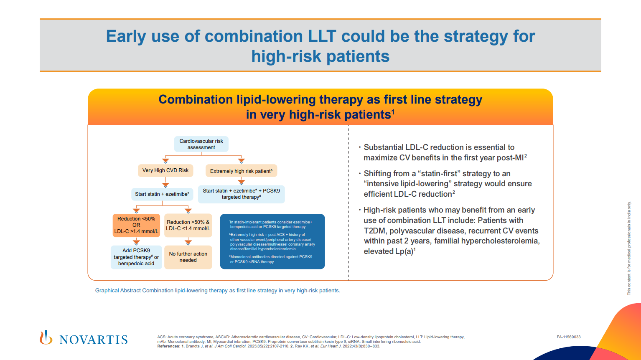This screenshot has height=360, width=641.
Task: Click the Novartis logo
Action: pyautogui.click(x=84, y=338)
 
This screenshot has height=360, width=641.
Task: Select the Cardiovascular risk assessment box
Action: pyautogui.click(x=201, y=144)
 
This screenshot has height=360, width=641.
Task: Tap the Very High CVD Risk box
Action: pyautogui.click(x=165, y=170)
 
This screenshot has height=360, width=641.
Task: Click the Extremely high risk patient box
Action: pyautogui.click(x=241, y=171)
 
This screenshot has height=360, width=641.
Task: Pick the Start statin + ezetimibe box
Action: pyautogui.click(x=162, y=194)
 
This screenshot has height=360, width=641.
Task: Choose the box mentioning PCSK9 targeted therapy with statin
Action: pyautogui.click(x=241, y=194)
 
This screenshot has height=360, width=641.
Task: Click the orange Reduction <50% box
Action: pyautogui.click(x=136, y=225)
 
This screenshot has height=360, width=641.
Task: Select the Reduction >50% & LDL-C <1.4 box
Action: pyautogui.click(x=188, y=225)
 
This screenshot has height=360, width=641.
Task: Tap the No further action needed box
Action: pyautogui.click(x=188, y=257)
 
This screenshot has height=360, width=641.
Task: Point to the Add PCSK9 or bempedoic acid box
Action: pyautogui.click(x=136, y=257)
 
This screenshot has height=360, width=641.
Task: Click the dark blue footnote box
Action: pyautogui.click(x=272, y=242)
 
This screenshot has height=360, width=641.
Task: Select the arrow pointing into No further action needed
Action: pyautogui.click(x=188, y=242)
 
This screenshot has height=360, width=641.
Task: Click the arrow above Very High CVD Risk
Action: pyautogui.click(x=165, y=160)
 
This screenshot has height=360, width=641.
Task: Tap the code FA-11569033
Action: pyautogui.click(x=568, y=337)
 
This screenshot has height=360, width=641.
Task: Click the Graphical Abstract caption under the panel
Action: pyautogui.click(x=217, y=291)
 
